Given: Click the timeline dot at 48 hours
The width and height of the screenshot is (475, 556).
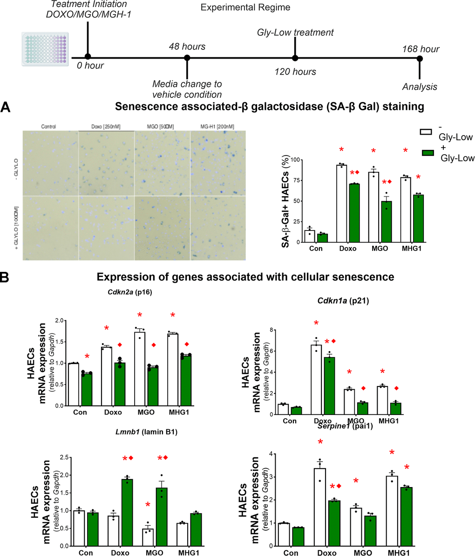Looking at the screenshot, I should tap(187, 58).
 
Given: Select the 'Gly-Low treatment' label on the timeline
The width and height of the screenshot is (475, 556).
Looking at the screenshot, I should tap(295, 33).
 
